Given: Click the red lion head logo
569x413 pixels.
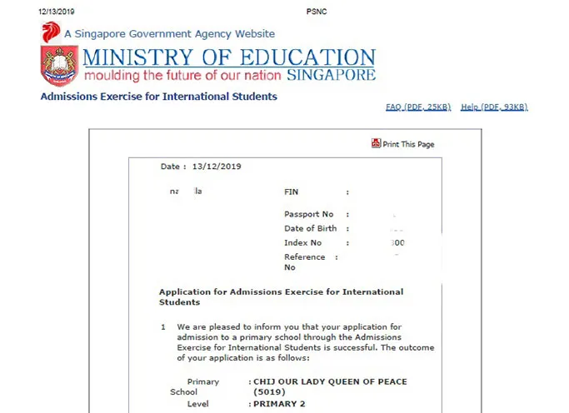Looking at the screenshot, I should (52, 33).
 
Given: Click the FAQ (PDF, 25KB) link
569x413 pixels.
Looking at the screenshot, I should (418, 107).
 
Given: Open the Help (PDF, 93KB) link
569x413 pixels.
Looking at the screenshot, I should (494, 107).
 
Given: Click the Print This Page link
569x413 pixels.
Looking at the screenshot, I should (408, 144).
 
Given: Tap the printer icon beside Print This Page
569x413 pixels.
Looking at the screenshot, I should (377, 143).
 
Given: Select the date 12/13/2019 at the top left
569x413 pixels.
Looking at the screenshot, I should (56, 11).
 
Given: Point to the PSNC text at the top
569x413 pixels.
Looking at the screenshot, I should (317, 11).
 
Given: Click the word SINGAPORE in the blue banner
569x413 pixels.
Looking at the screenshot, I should (331, 75).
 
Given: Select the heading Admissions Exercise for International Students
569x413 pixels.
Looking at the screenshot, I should (159, 97).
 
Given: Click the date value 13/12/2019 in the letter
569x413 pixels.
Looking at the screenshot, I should (216, 167).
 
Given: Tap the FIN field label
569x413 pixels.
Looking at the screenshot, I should (291, 192).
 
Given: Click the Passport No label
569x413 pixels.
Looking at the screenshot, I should (308, 215).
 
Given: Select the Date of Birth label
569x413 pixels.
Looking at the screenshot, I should (311, 228).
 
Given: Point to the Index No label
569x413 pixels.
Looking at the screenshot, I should (302, 243).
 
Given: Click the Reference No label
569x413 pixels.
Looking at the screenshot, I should (304, 261).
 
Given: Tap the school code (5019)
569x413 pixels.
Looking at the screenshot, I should (269, 391).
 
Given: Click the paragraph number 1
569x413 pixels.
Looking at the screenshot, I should (163, 327).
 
